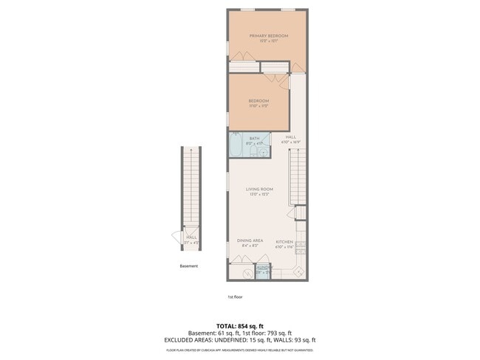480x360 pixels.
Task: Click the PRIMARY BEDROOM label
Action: pyautogui.click(x=268, y=36)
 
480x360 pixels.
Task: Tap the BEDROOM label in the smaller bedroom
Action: pyautogui.click(x=258, y=101)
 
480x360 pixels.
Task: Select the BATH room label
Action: pyautogui.click(x=254, y=138)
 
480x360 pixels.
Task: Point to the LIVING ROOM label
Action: pyautogui.click(x=259, y=190)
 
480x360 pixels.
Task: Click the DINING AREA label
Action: pyautogui.click(x=250, y=240)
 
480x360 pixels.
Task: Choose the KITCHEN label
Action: pyautogui.click(x=284, y=241)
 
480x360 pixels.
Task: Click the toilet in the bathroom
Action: pyautogui.click(x=253, y=152)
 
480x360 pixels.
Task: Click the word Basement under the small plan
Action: pyautogui.click(x=189, y=266)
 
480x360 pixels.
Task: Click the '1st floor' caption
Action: pyautogui.click(x=235, y=297)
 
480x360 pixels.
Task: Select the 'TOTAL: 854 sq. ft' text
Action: pyautogui.click(x=240, y=325)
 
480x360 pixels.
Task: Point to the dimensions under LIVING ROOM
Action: pyautogui.click(x=259, y=195)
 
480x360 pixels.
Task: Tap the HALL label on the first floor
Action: pyautogui.click(x=291, y=136)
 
